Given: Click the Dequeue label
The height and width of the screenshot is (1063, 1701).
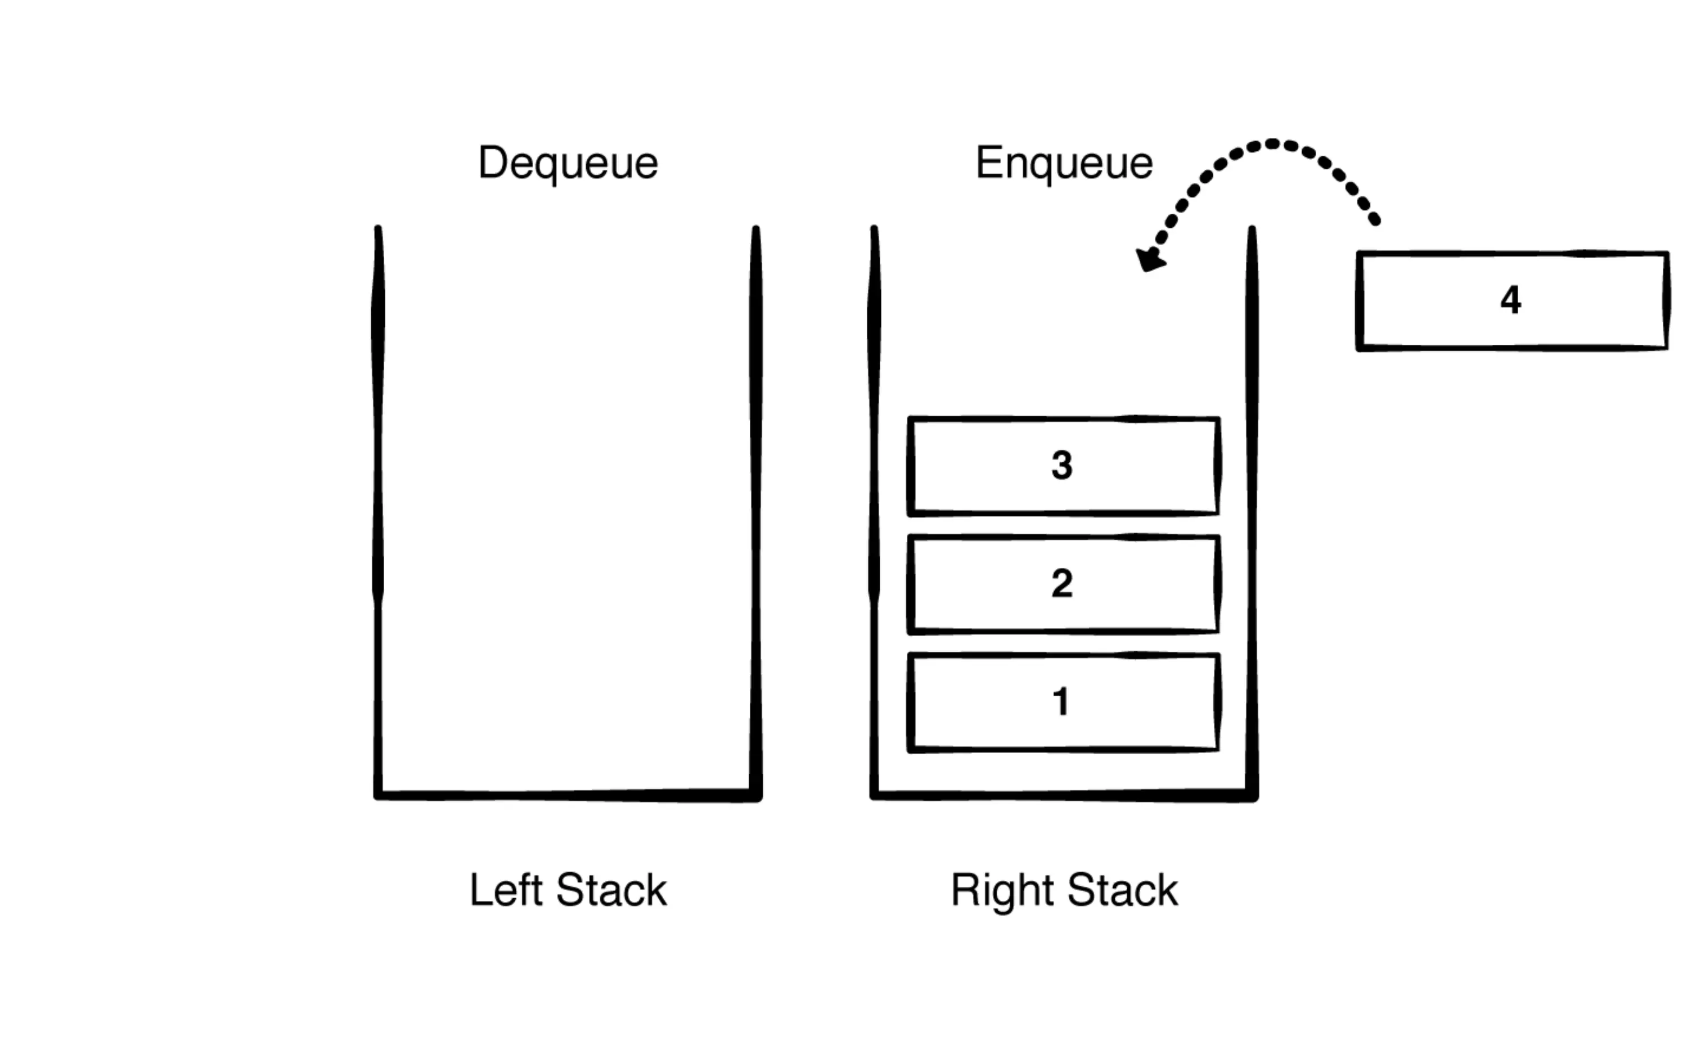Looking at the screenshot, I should click(x=568, y=163).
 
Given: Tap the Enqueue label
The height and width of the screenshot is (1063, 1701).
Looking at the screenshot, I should click(x=1064, y=163).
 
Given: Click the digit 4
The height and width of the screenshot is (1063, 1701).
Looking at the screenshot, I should click(x=1510, y=301).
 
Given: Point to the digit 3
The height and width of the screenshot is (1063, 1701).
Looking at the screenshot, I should click(x=1062, y=466).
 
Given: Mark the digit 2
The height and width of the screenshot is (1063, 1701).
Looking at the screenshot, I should click(x=1062, y=584).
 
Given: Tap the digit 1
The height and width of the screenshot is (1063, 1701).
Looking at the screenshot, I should click(x=1061, y=702).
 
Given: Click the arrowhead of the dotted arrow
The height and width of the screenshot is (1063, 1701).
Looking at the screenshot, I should click(x=1149, y=260).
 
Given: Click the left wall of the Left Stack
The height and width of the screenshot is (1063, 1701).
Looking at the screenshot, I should click(x=378, y=492).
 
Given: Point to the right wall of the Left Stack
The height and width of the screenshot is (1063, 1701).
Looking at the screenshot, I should click(x=755, y=492).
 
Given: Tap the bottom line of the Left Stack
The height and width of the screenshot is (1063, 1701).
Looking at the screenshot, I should click(x=568, y=795).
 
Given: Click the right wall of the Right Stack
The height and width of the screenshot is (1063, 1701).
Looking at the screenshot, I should click(x=1252, y=492).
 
